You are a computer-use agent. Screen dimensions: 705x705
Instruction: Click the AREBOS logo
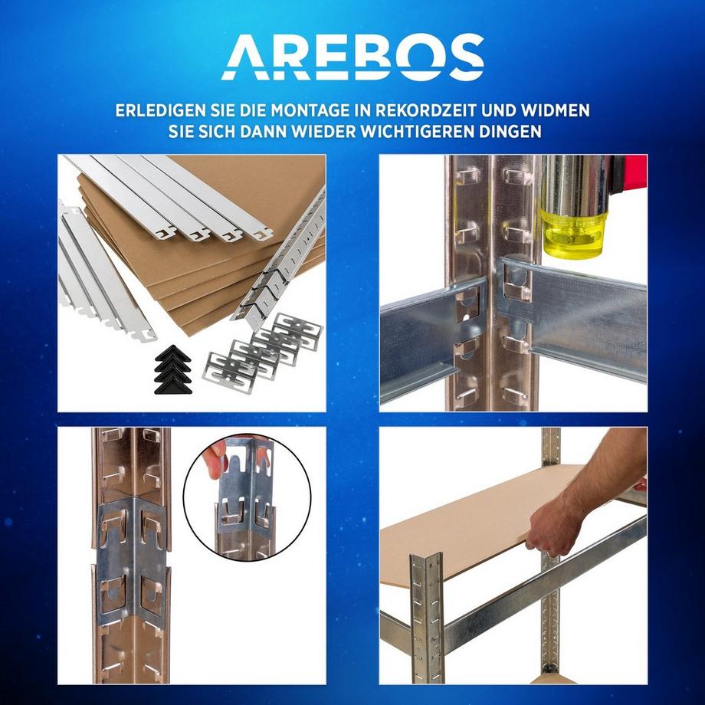click(x=352, y=57)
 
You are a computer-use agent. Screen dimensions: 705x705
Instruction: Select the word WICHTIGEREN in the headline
click(x=412, y=131)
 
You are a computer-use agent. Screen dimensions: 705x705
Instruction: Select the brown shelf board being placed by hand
click(x=490, y=521)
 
